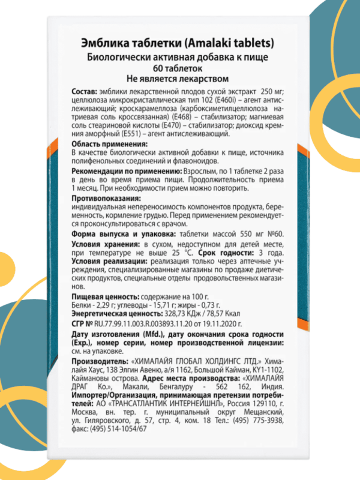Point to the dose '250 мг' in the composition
coord(260,89)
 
